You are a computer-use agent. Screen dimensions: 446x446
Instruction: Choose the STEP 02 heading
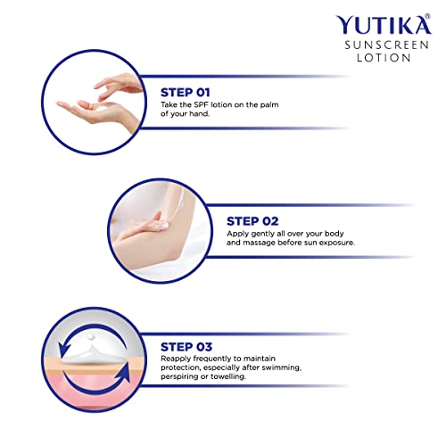(253, 219)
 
